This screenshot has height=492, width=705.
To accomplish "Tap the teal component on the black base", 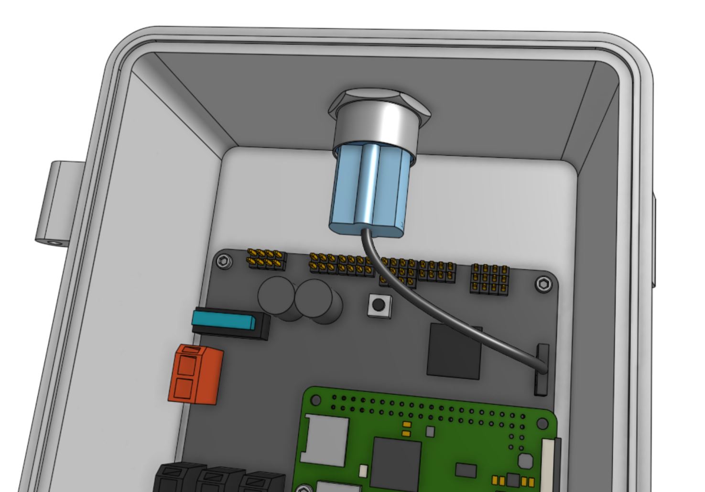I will (223, 319).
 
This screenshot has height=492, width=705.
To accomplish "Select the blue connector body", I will (368, 191).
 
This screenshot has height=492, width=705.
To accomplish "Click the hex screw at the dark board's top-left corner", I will (224, 262).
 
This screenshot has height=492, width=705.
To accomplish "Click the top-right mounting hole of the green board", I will (542, 423).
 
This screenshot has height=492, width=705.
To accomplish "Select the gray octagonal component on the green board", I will (525, 461).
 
